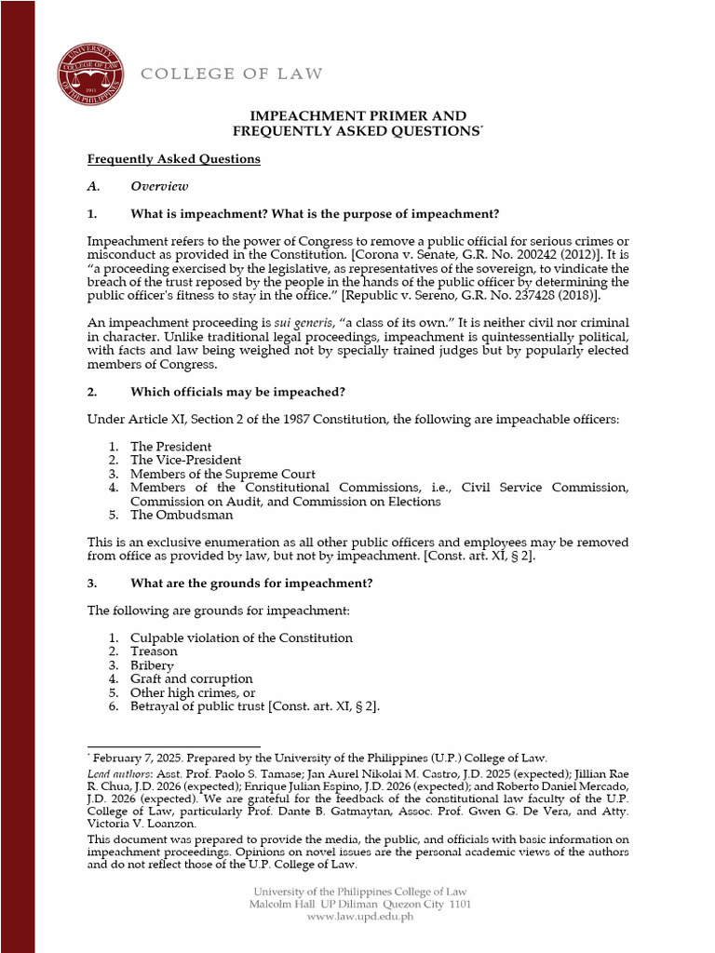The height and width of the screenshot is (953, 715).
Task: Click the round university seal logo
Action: (89, 74)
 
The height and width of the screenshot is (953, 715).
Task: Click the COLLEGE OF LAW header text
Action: (231, 74)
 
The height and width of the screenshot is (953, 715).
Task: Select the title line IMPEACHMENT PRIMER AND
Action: (357, 116)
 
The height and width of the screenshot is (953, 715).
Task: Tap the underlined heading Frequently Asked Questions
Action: (173, 159)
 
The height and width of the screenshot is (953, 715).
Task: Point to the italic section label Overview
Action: (159, 186)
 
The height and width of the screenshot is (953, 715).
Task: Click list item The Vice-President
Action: (185, 461)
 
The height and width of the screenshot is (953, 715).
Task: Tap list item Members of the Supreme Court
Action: (223, 474)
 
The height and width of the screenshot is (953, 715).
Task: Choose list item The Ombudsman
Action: (182, 516)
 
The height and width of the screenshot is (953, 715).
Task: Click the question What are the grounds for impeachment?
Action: (251, 584)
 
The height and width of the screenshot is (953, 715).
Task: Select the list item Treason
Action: (154, 651)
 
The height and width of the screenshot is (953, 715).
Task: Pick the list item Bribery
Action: (152, 665)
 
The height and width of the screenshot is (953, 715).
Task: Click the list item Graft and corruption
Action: (191, 679)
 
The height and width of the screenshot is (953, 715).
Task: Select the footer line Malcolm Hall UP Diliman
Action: (317, 905)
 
